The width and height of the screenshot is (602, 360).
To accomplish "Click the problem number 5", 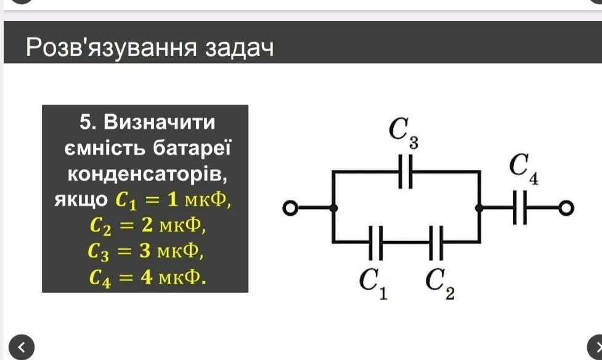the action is point(88,122).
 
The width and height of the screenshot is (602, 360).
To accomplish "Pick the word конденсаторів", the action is point(147,174).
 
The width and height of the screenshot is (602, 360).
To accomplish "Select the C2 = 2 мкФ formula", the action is point(147,226).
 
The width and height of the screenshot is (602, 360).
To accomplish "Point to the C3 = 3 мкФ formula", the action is point(145,252).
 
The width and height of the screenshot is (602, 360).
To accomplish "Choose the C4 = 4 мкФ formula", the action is point(147,277).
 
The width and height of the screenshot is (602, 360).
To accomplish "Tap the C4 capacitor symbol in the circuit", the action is point(521,210).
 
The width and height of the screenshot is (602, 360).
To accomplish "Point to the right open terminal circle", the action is point(566,210).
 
